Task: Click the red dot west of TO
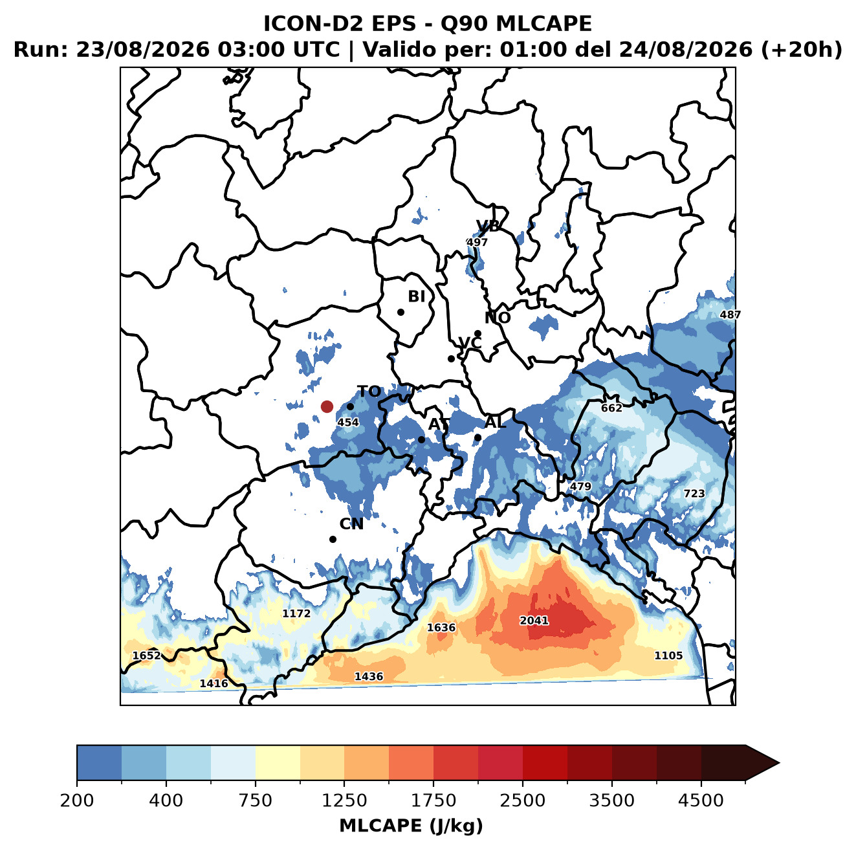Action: click(x=327, y=406)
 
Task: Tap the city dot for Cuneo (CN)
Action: click(x=333, y=539)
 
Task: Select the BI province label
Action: click(x=416, y=296)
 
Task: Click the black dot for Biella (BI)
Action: click(x=401, y=312)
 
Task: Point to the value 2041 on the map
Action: click(x=534, y=620)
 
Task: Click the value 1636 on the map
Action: click(x=441, y=627)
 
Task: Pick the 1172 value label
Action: click(x=296, y=613)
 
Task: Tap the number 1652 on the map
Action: click(x=147, y=656)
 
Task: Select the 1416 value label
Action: click(x=214, y=683)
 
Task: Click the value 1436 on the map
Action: click(x=369, y=676)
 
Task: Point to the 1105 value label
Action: click(x=668, y=656)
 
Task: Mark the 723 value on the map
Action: click(x=694, y=494)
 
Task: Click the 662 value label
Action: click(x=611, y=408)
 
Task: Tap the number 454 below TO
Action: click(x=348, y=422)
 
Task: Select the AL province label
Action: click(x=495, y=422)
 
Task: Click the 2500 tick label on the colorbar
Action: click(x=522, y=800)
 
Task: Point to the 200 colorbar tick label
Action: click(x=77, y=800)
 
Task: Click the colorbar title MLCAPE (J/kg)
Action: click(x=411, y=826)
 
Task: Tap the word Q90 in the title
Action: click(x=463, y=23)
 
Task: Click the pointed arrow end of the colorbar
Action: click(x=779, y=763)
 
